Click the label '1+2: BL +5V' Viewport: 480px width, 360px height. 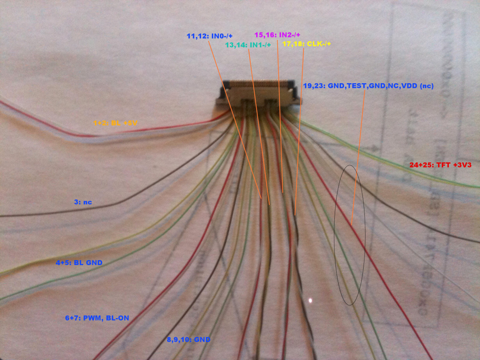(x=115, y=123)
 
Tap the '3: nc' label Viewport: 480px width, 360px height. (x=83, y=202)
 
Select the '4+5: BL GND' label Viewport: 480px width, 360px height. (x=79, y=263)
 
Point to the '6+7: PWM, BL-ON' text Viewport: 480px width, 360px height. (x=97, y=318)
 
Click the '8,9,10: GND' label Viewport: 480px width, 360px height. (x=189, y=340)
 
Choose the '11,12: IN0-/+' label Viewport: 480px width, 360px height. (x=209, y=36)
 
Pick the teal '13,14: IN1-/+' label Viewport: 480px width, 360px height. (x=248, y=45)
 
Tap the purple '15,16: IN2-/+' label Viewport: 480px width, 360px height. (x=277, y=35)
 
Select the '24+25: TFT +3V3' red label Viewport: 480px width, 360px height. (x=441, y=165)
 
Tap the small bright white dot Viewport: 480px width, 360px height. (x=310, y=301)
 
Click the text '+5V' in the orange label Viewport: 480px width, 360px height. (x=130, y=123)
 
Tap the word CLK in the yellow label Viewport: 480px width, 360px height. (x=314, y=44)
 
